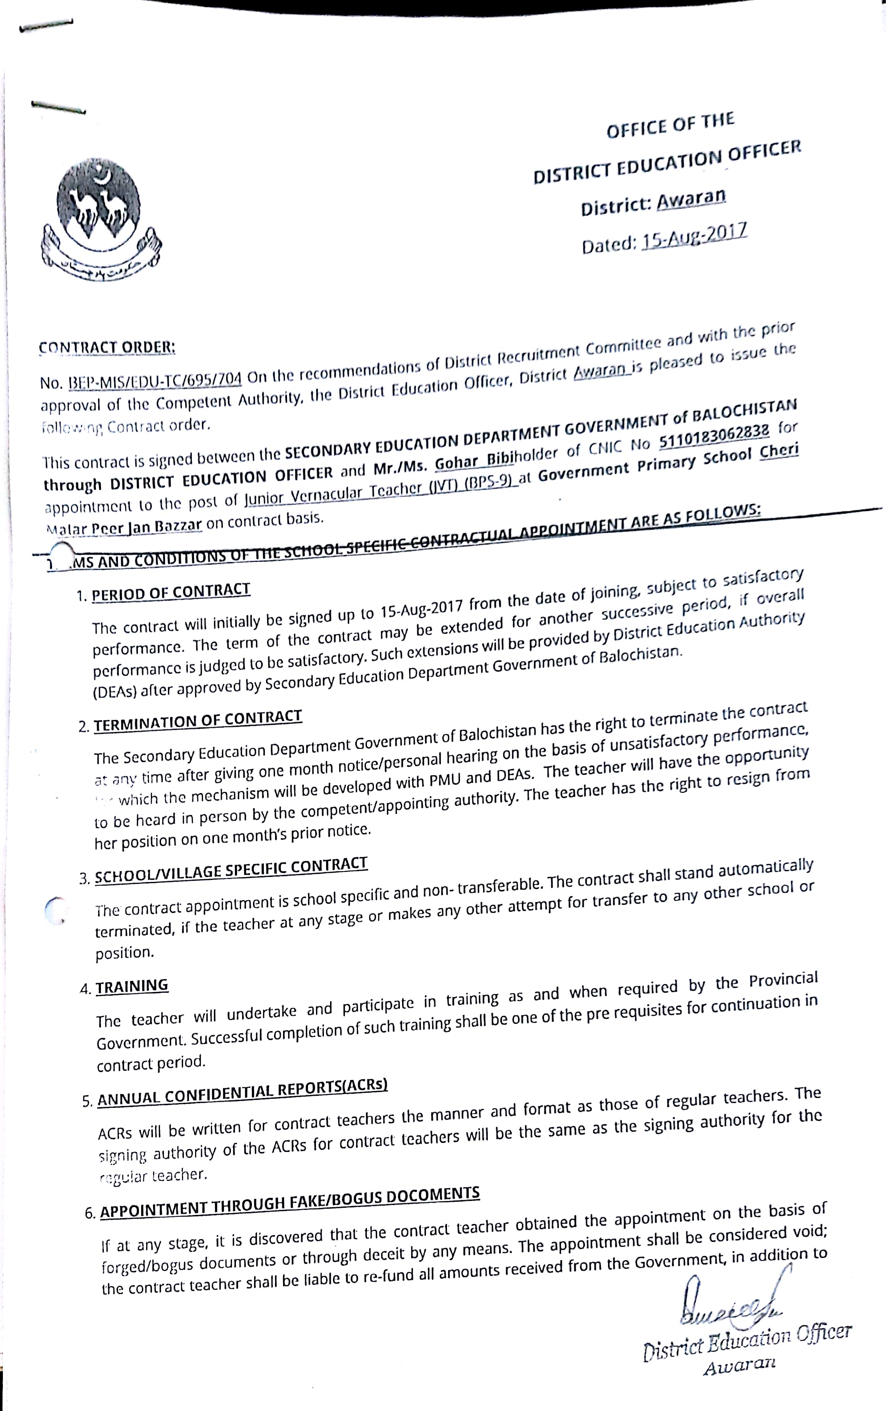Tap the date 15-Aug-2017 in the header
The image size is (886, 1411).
click(695, 236)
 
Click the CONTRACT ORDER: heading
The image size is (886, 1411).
click(107, 347)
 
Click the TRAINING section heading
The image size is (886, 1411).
click(132, 986)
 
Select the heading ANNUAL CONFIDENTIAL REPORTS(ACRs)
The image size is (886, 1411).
click(242, 1092)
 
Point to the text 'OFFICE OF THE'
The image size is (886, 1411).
click(670, 125)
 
